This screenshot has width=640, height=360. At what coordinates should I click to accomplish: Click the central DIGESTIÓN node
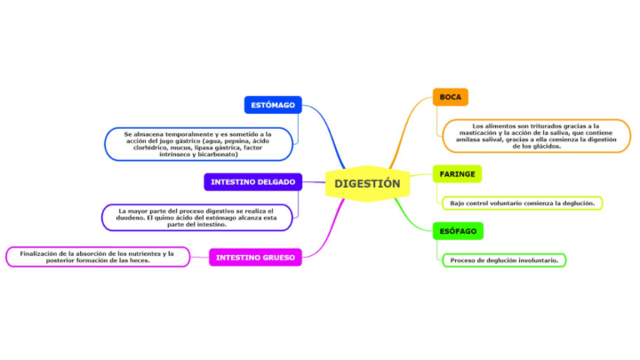point(368,183)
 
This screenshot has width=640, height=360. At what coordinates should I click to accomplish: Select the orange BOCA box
point(451,97)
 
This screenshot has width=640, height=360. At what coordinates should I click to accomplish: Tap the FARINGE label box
point(457,174)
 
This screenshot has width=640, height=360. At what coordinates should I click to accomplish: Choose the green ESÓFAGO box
point(458,231)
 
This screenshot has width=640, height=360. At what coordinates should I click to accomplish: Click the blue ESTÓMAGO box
point(272,105)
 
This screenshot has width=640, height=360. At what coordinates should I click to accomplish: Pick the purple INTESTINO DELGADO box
point(253,182)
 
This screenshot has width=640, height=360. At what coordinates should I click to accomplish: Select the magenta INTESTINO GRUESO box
point(256,257)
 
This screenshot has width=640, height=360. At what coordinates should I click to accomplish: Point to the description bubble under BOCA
point(537,136)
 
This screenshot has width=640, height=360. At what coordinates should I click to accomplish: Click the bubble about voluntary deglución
point(522,203)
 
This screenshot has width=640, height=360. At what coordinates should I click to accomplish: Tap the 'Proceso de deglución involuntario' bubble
point(504,260)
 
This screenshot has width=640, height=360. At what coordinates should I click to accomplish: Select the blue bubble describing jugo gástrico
point(198,144)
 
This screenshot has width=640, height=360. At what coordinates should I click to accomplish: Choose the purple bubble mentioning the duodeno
point(197,217)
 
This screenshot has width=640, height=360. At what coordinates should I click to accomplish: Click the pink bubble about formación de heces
point(97,257)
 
